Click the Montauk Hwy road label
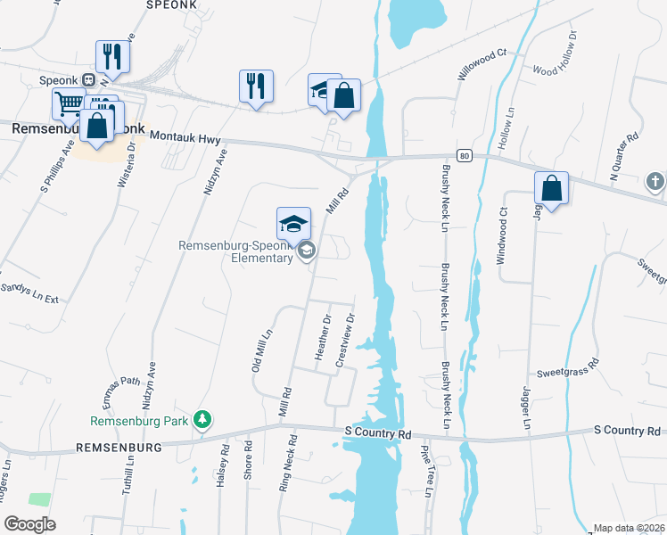185,136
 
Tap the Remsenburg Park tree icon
204,419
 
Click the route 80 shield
465,155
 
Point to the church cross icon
655,183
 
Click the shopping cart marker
69,103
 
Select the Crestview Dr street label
345,340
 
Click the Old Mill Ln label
261,350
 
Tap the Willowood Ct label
482,65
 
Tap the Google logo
29,523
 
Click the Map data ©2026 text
629,528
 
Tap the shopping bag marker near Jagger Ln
552,188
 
